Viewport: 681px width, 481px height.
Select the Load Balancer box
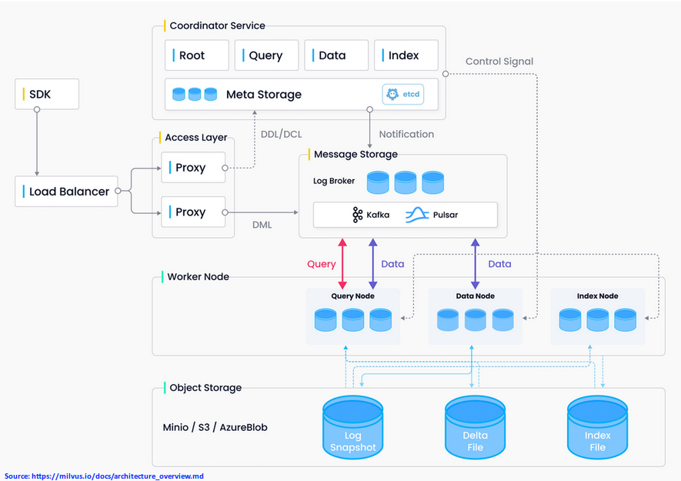[67, 192]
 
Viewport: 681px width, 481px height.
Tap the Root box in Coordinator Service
[197, 55]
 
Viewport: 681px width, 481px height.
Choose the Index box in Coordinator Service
[406, 55]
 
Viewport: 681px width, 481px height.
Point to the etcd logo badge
[403, 95]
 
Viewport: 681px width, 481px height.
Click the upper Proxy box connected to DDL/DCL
[193, 168]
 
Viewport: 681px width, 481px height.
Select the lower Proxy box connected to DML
[193, 212]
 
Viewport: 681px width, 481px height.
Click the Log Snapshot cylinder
[352, 427]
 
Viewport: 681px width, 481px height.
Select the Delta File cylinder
[475, 427]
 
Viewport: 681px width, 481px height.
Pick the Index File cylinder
[597, 427]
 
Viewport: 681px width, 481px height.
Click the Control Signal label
[499, 62]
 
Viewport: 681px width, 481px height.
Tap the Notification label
[406, 134]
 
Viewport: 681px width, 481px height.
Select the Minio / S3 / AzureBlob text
[215, 427]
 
